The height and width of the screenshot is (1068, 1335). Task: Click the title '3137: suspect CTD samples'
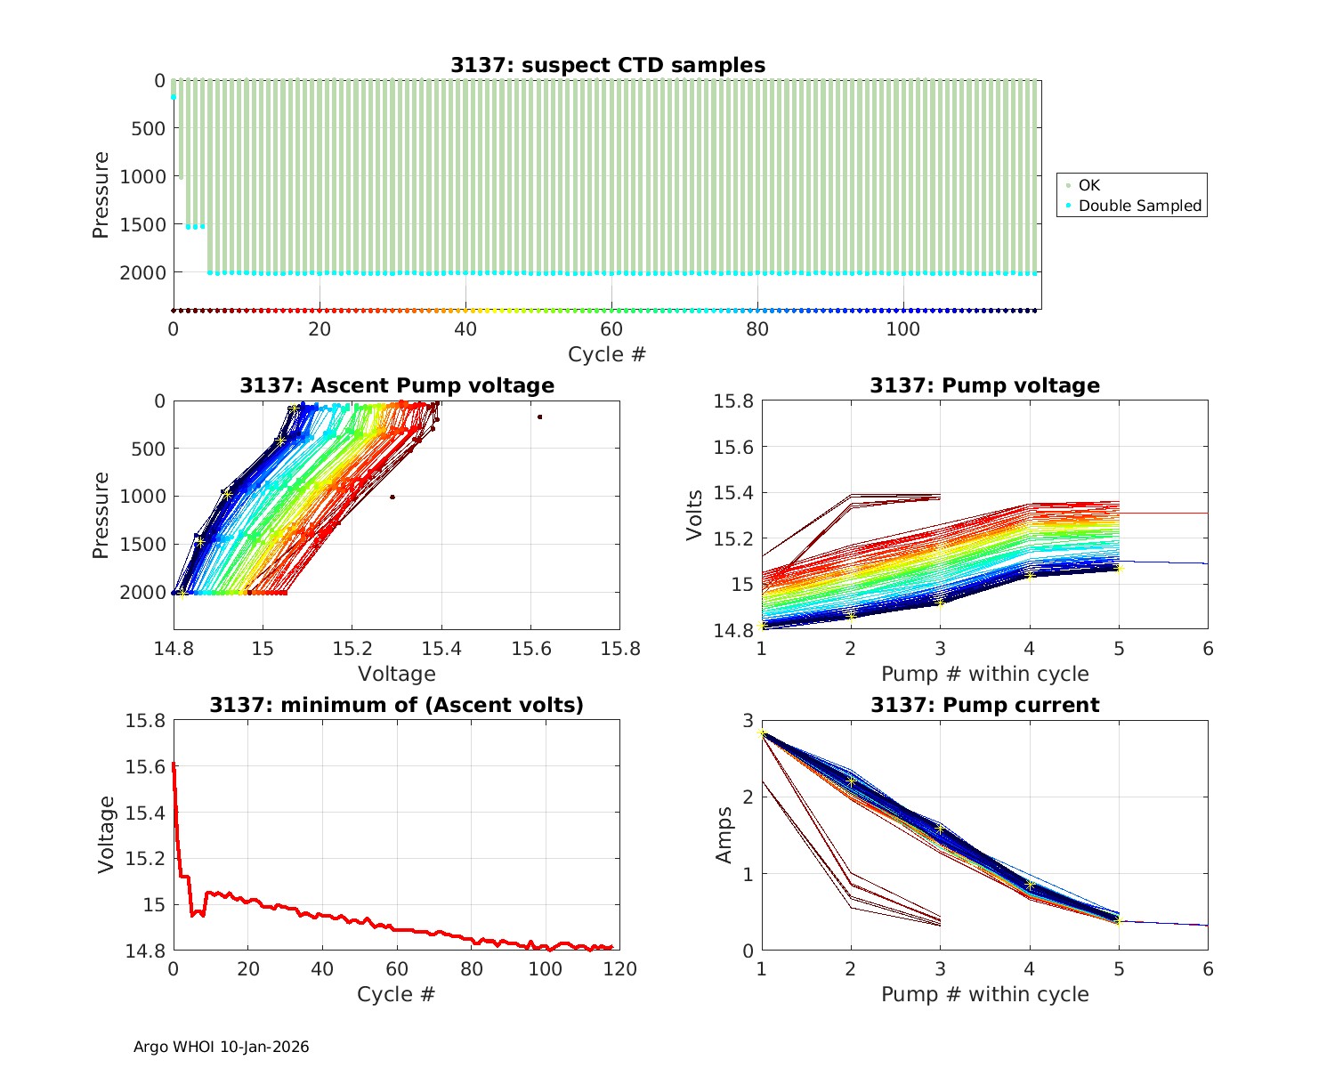click(607, 65)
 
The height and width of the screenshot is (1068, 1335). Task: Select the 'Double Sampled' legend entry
click(1139, 206)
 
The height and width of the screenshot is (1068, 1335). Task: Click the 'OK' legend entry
click(1088, 185)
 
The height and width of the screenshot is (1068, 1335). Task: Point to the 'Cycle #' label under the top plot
click(607, 354)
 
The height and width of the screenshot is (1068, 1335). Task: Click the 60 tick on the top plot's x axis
click(611, 328)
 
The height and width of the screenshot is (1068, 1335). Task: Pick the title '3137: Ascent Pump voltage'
click(397, 385)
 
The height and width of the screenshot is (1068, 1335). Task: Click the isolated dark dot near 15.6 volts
click(539, 417)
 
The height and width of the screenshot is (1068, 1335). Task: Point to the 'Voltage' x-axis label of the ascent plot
click(397, 674)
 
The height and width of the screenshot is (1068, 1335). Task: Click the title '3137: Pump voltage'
click(984, 385)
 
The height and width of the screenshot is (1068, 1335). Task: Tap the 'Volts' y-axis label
click(695, 515)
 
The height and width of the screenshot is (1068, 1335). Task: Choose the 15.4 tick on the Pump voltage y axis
click(734, 493)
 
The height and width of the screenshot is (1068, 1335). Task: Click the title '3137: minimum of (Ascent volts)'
click(397, 705)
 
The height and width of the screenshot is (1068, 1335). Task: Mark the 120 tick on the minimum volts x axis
click(620, 969)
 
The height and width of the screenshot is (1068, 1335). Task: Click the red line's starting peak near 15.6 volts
click(174, 764)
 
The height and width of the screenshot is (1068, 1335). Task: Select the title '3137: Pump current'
click(984, 705)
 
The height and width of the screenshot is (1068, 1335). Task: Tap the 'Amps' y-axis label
click(724, 835)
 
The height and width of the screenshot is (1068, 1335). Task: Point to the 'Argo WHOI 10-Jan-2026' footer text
click(221, 1047)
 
